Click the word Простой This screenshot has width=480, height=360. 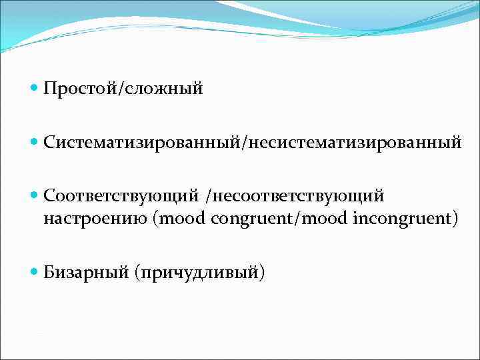pos(79,88)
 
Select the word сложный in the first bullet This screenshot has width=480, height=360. pos(161,88)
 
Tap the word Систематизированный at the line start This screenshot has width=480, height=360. pos(143,142)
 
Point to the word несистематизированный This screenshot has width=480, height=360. pos(355,142)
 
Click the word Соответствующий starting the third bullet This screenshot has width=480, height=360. pos(121,196)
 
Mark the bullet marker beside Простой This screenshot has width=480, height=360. pos(35,88)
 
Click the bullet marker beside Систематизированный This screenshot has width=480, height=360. pos(35,142)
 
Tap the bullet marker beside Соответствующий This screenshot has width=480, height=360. pos(35,196)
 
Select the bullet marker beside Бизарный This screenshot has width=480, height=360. pos(35,272)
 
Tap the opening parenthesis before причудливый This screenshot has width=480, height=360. pos(137,272)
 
